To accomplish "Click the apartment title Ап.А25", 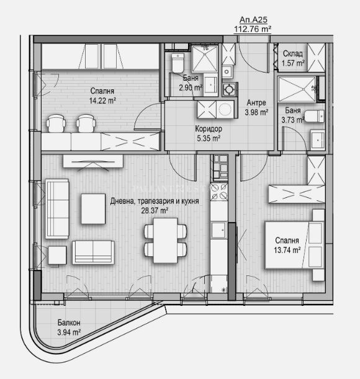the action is (253, 20).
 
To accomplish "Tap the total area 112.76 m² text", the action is (253, 29).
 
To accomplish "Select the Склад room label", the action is (292, 53).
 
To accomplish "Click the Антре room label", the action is (256, 103).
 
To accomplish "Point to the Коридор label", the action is (209, 129).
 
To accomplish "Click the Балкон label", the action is (69, 323).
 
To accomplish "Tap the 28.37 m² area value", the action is (155, 210).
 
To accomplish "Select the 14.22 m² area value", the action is (102, 100).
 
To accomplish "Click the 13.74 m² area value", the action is (287, 250).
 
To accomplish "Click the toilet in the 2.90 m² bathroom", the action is (178, 63).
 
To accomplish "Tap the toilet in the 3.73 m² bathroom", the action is (314, 116).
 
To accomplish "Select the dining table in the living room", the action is (166, 240).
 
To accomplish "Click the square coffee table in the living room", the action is (93, 209).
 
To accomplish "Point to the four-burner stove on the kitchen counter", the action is (219, 192).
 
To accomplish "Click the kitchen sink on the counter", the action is (218, 230).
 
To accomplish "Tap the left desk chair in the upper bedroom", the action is (56, 123).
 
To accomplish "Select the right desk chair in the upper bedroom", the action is (86, 123).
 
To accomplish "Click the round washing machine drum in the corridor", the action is (225, 109).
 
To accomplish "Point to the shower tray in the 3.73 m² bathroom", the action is (297, 89).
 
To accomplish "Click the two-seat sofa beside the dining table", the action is (93, 252).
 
